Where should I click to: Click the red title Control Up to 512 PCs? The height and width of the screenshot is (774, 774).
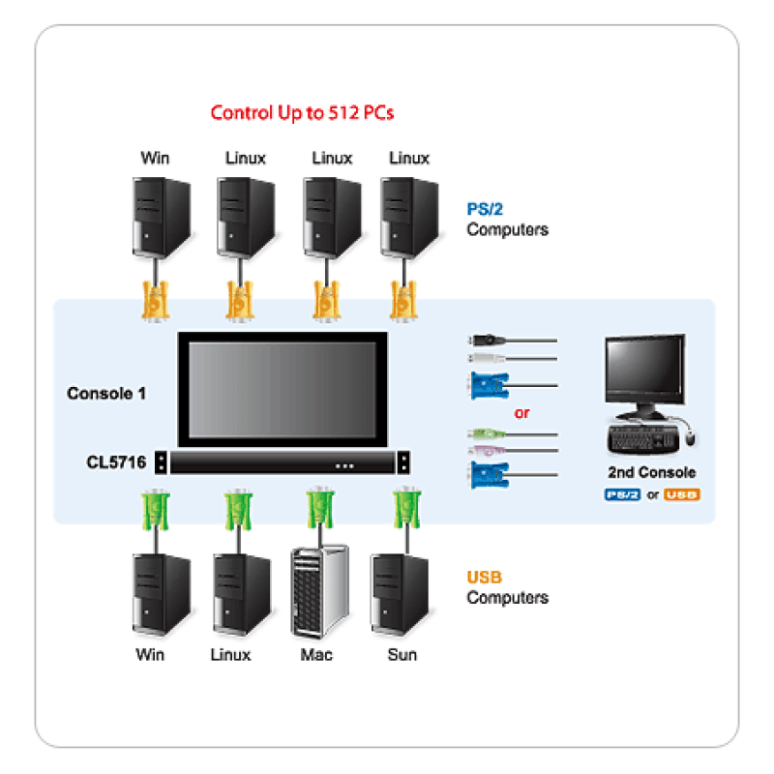coord(302,112)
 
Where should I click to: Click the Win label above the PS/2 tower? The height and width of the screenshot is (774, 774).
coord(155,158)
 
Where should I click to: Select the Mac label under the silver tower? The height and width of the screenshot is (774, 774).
coord(316,655)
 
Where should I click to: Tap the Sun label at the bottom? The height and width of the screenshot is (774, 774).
coord(402,655)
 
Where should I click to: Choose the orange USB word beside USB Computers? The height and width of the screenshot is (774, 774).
coord(484,578)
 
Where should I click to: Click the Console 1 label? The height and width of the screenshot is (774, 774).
coord(106,394)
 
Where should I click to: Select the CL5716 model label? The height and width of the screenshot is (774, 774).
coord(115,463)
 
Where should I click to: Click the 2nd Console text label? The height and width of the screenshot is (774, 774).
coord(651,473)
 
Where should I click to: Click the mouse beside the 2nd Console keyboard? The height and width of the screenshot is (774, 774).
coord(690,438)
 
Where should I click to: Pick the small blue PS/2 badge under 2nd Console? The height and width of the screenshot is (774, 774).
coord(622,494)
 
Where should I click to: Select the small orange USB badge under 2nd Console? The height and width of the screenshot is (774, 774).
coord(682,494)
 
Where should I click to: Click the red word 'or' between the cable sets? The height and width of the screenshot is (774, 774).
coord(521,413)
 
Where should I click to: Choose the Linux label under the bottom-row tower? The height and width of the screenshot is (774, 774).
coord(230,655)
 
